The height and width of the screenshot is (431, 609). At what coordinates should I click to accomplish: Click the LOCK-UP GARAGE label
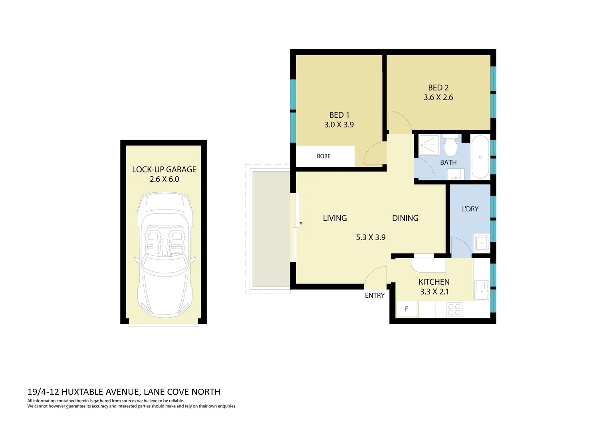pyautogui.click(x=164, y=169)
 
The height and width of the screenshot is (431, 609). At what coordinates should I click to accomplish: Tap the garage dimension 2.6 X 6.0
pyautogui.click(x=164, y=179)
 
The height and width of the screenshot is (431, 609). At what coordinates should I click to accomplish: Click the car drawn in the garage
pyautogui.click(x=165, y=255)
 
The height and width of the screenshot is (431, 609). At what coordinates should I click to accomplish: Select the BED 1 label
pyautogui.click(x=339, y=115)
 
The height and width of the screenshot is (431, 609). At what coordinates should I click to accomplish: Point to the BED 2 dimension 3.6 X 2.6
pyautogui.click(x=438, y=97)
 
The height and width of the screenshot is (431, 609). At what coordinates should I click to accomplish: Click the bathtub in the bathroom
pyautogui.click(x=480, y=157)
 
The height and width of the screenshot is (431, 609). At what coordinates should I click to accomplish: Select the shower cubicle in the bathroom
pyautogui.click(x=429, y=145)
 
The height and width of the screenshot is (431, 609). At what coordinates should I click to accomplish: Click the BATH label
pyautogui.click(x=448, y=162)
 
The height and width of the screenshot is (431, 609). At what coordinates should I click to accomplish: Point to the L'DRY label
pyautogui.click(x=470, y=209)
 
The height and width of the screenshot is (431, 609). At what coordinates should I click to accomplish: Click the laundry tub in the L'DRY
pyautogui.click(x=482, y=243)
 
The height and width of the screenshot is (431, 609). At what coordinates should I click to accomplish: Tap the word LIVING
pyautogui.click(x=335, y=218)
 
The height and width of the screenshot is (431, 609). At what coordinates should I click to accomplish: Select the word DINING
pyautogui.click(x=405, y=218)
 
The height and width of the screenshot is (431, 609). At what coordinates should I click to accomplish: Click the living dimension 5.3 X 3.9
pyautogui.click(x=371, y=237)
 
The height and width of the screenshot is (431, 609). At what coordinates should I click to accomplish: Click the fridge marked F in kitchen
pyautogui.click(x=407, y=309)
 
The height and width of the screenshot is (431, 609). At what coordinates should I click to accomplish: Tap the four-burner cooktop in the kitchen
pyautogui.click(x=454, y=309)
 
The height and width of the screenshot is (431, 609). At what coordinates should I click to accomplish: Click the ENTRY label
pyautogui.click(x=375, y=295)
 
